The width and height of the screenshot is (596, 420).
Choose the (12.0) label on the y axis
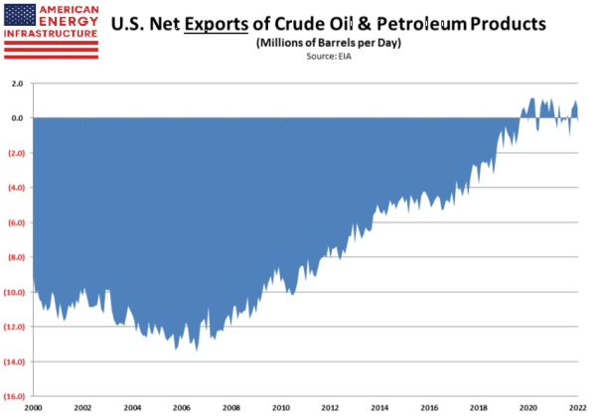point(15,327)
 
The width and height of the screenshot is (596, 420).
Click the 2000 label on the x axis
point(33,408)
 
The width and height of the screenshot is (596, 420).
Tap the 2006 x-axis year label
point(181,408)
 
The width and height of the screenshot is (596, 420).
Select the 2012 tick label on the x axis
point(331,408)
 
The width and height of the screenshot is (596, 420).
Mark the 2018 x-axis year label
point(480,408)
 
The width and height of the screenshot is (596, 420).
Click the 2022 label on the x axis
point(577,408)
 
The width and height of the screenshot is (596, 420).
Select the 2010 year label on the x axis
point(281,408)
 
